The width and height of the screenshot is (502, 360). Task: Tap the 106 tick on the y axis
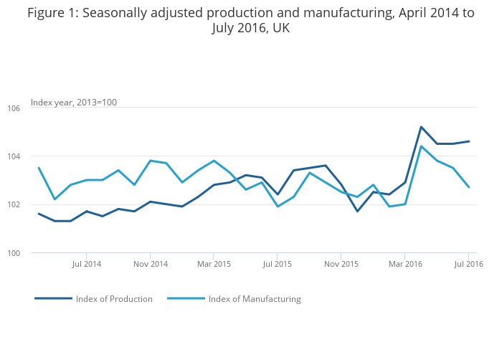point(14,108)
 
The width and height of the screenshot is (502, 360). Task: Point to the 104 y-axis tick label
point(14,156)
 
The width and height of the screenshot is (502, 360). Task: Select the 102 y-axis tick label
point(14,204)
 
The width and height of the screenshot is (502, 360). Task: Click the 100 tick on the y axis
point(14,253)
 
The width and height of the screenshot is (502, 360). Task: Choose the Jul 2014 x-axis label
point(87,264)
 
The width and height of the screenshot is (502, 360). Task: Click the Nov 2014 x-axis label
point(151,264)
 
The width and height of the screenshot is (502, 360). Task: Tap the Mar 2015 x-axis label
point(214,264)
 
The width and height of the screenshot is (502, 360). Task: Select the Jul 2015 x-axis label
point(278,264)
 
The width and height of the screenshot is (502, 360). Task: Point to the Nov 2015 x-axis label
point(341,264)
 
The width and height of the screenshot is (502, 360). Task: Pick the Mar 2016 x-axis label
point(405,264)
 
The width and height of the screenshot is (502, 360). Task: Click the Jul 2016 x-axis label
point(469,264)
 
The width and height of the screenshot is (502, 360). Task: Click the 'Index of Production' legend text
point(114,299)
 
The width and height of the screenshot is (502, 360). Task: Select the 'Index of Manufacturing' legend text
point(255,299)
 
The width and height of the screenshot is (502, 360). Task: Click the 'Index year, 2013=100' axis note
point(74,103)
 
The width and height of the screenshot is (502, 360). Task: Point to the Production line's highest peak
point(421,127)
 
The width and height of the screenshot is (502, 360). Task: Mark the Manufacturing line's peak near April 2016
point(421,146)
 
